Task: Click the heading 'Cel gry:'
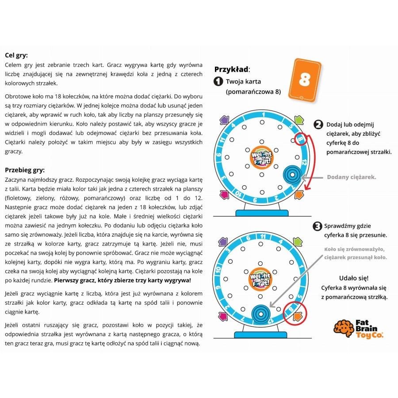[16, 55]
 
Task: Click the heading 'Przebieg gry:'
[25, 170]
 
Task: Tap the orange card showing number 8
[305, 80]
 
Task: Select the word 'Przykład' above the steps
[231, 69]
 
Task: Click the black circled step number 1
[218, 81]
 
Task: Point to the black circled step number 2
[318, 125]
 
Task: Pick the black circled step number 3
[317, 226]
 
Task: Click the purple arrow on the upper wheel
[224, 120]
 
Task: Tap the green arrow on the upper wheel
[299, 120]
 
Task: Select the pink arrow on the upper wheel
[224, 195]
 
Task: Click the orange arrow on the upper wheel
[299, 195]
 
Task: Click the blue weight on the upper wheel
[292, 175]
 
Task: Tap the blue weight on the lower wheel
[261, 314]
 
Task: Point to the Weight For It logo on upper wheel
[261, 158]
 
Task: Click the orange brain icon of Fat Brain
[344, 328]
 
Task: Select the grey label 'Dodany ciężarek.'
[352, 177]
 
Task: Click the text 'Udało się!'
[354, 278]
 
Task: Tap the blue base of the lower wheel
[260, 335]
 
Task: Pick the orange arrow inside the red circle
[298, 317]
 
